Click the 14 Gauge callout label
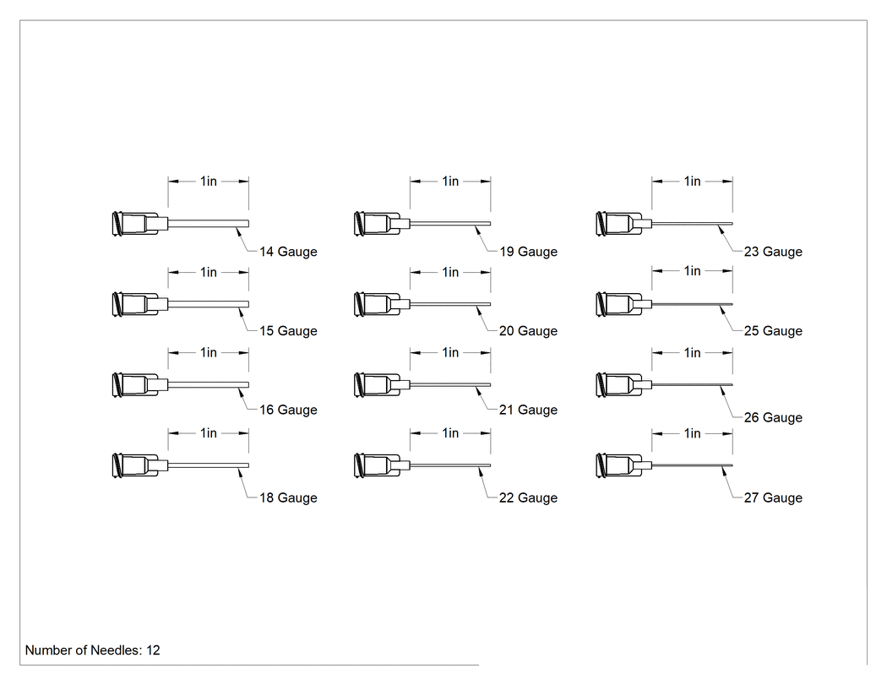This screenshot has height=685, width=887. coord(288,252)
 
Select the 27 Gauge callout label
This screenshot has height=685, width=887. coord(773,497)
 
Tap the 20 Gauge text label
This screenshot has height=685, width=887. coord(528,331)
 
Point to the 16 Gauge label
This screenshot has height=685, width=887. coord(288,410)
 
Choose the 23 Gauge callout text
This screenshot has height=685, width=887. coord(773,252)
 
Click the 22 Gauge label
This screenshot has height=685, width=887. coord(528,497)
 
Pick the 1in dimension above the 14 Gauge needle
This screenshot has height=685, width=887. coord(208,181)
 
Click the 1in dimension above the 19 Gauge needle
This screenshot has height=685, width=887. coord(450,181)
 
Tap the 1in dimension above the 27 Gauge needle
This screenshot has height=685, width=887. coord(692,433)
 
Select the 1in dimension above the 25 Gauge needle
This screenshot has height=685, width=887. coord(692,271)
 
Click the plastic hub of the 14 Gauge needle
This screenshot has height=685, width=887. coord(139,224)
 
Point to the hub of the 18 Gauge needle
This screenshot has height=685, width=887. coord(139,465)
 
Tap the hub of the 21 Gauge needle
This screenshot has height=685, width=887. coord(382,385)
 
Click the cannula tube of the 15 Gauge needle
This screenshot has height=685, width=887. coord(208,304)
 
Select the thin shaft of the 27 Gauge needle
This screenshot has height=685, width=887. coord(693,465)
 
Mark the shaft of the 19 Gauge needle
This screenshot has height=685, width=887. coord(450,224)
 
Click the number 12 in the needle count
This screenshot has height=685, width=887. coord(153,650)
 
